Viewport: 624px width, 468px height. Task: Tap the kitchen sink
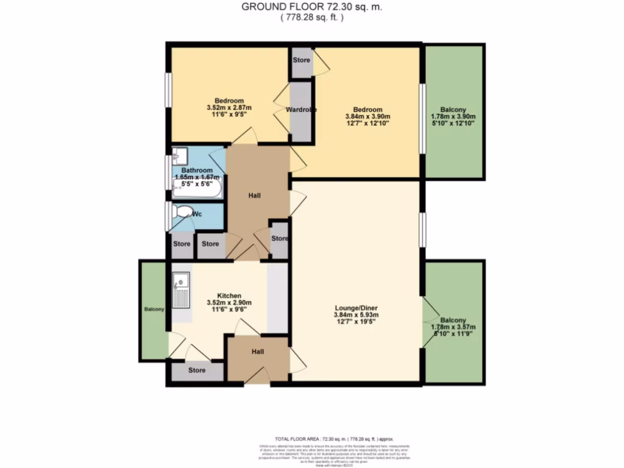pyautogui.click(x=181, y=282)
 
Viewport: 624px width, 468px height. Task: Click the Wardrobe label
pyautogui.click(x=301, y=110)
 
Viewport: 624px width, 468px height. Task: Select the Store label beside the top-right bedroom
pyautogui.click(x=301, y=60)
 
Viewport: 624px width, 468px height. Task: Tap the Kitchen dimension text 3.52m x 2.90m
pyautogui.click(x=229, y=302)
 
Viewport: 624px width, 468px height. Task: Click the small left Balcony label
pyautogui.click(x=154, y=310)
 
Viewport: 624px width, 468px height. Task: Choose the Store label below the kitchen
pyautogui.click(x=197, y=370)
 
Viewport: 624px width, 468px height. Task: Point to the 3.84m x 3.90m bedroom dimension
pyautogui.click(x=367, y=117)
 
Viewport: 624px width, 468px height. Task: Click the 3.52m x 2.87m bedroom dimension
pyautogui.click(x=229, y=108)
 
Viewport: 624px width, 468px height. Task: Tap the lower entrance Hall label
pyautogui.click(x=258, y=352)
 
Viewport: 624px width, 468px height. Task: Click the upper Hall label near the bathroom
pyautogui.click(x=255, y=196)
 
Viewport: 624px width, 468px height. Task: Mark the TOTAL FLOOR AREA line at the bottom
pyautogui.click(x=334, y=439)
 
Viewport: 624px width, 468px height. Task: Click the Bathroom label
pyautogui.click(x=197, y=170)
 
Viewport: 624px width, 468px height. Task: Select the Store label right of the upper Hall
pyautogui.click(x=279, y=238)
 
